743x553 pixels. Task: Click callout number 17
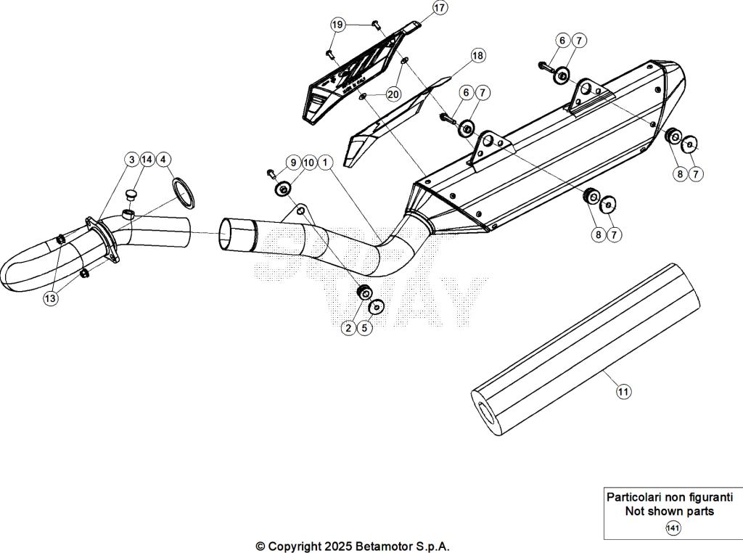(440, 8)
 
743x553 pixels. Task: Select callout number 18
(477, 55)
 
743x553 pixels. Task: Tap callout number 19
(337, 25)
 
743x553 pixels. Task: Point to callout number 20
(393, 94)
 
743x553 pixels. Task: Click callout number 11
(623, 392)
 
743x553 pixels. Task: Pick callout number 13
(50, 298)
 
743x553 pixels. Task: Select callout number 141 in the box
(673, 528)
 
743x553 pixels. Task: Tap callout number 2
(348, 328)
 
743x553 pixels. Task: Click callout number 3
(131, 159)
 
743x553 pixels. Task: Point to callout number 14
(147, 159)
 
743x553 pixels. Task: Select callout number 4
(164, 159)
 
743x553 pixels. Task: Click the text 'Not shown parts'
(669, 511)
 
